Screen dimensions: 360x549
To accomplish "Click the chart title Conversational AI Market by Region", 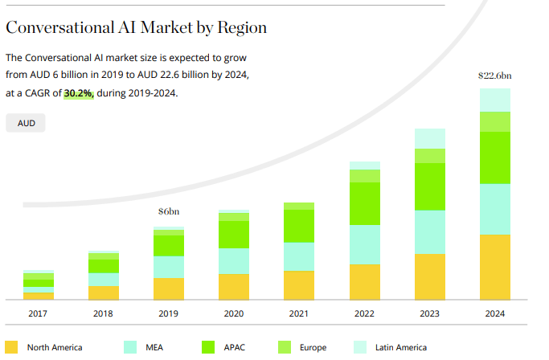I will [x=136, y=27].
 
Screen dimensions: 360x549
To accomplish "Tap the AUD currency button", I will [x=26, y=124].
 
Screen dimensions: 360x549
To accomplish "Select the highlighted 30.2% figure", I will [x=79, y=93].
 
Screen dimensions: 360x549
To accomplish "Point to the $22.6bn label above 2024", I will [x=494, y=76].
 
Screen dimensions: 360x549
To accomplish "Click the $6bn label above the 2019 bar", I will [x=169, y=212].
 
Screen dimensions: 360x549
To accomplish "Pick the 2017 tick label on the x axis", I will [x=38, y=314].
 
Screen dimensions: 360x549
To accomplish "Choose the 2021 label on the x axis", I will [x=299, y=314].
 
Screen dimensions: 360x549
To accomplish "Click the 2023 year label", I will [x=429, y=314].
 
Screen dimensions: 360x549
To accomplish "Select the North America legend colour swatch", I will [x=11, y=347].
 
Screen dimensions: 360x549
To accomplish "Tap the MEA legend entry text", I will [x=154, y=348].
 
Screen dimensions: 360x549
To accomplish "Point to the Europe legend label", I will [x=313, y=348].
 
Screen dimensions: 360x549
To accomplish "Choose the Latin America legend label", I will [x=399, y=348].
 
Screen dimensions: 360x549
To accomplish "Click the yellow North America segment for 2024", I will [x=494, y=267].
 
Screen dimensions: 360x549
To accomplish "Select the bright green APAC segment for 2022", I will [x=364, y=203].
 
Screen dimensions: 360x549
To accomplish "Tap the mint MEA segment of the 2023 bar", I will [x=429, y=231].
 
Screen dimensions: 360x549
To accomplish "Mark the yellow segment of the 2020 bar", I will [x=234, y=286].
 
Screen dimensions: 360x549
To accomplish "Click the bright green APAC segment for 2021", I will [x=299, y=226].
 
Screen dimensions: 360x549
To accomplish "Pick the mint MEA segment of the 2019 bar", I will [x=169, y=267].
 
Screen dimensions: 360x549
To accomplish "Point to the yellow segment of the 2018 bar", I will [x=104, y=292].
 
